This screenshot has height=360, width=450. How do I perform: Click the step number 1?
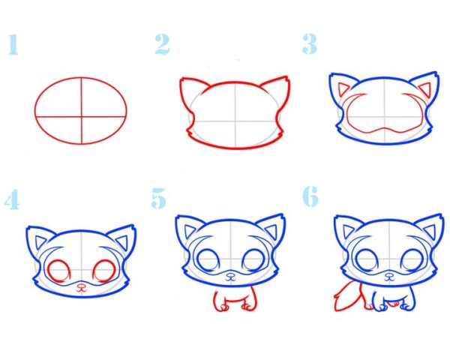[13, 44]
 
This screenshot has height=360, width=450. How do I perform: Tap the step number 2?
[163, 44]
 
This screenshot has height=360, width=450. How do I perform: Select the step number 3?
[310, 44]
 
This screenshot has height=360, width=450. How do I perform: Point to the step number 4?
[12, 199]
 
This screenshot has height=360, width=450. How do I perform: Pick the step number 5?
[159, 198]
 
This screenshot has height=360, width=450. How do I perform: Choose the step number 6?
[310, 196]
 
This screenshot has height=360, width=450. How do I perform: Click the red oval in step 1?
[35, 111]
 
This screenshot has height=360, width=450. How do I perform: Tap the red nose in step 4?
[82, 287]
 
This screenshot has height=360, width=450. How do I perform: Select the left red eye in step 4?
[59, 271]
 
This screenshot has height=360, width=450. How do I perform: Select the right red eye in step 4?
[104, 271]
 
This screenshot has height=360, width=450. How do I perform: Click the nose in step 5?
[230, 277]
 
